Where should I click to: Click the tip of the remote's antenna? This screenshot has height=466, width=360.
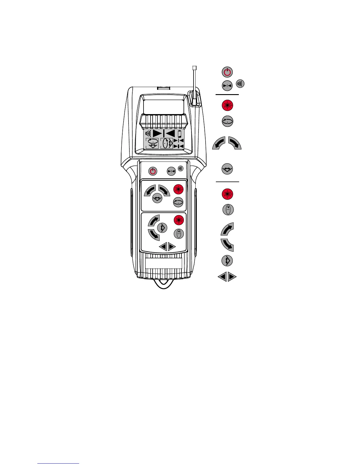click(194, 67)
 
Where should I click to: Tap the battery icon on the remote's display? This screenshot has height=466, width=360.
click(180, 133)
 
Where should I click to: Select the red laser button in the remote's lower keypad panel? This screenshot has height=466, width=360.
click(178, 220)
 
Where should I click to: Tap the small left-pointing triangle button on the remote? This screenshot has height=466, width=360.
click(163, 247)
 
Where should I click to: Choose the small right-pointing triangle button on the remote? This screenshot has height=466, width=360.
click(172, 247)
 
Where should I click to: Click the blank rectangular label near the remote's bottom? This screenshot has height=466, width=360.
click(164, 263)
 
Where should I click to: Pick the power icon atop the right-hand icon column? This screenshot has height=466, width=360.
click(227, 72)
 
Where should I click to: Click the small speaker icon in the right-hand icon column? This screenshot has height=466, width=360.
click(240, 84)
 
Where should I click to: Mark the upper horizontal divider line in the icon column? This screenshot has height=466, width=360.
click(227, 95)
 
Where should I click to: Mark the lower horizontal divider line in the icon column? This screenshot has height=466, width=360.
click(227, 182)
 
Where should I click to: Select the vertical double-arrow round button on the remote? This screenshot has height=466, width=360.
click(162, 227)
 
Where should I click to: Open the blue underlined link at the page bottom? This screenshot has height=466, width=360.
click(58, 464)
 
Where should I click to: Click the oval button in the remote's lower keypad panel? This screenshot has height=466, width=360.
click(179, 234)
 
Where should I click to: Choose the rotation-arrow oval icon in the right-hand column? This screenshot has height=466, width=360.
click(227, 121)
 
